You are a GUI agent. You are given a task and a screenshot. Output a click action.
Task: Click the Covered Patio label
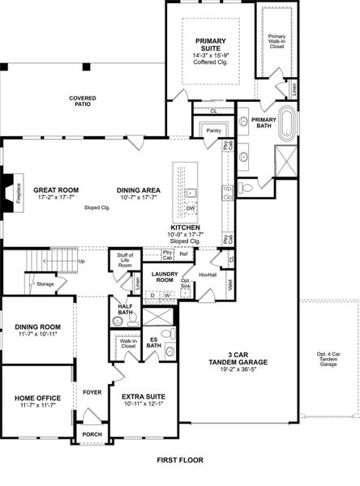tap(83, 101)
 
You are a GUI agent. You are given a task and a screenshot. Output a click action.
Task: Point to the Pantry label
tap(214, 130)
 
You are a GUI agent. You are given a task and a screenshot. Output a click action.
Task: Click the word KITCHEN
tap(186, 228)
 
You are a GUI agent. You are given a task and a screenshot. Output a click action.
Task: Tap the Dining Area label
tap(139, 194)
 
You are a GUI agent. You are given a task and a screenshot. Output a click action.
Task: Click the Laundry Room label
tap(165, 278)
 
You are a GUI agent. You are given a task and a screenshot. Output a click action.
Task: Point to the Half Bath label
tap(125, 309)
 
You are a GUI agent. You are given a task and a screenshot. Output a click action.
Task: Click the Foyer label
tap(92, 392)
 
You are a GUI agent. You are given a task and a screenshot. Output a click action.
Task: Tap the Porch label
tap(92, 435)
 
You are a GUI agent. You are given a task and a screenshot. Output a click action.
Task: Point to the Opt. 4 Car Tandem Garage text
tap(329, 360)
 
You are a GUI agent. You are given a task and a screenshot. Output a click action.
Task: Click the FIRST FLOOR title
tap(180, 460)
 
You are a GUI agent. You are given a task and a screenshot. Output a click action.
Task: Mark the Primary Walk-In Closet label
tap(277, 40)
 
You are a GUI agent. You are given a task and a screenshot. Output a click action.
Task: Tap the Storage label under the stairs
tap(45, 283)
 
